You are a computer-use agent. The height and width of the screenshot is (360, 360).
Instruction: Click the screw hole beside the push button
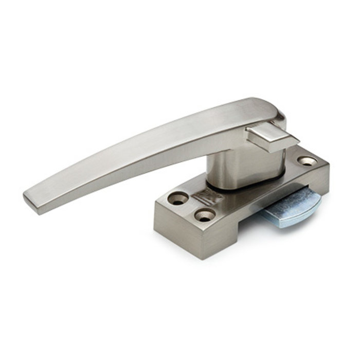click(308, 161)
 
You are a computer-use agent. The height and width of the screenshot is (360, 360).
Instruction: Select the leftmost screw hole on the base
click(178, 199)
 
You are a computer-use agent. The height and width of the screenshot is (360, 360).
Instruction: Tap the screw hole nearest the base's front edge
click(205, 217)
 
